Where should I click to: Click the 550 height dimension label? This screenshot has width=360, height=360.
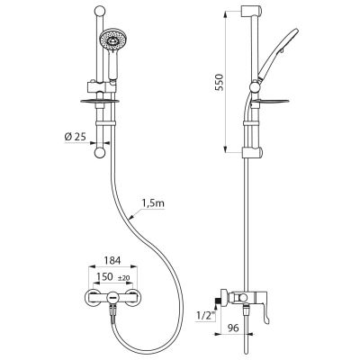click(220, 83)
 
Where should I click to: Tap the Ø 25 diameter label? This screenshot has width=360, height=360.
click(76, 137)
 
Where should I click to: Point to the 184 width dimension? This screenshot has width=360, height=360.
click(113, 260)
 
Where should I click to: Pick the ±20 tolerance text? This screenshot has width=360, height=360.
click(123, 278)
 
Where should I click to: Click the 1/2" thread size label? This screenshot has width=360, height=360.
click(205, 315)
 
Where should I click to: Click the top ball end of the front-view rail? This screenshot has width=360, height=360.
click(100, 12)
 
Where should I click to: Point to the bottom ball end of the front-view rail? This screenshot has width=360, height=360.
click(100, 153)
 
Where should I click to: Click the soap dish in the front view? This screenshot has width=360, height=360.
click(100, 101)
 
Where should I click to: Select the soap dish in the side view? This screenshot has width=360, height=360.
click(271, 101)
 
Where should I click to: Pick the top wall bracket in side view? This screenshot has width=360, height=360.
click(251, 12)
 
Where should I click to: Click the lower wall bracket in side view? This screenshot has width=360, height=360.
click(252, 152)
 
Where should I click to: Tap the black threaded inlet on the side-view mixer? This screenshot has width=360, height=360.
click(218, 301)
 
